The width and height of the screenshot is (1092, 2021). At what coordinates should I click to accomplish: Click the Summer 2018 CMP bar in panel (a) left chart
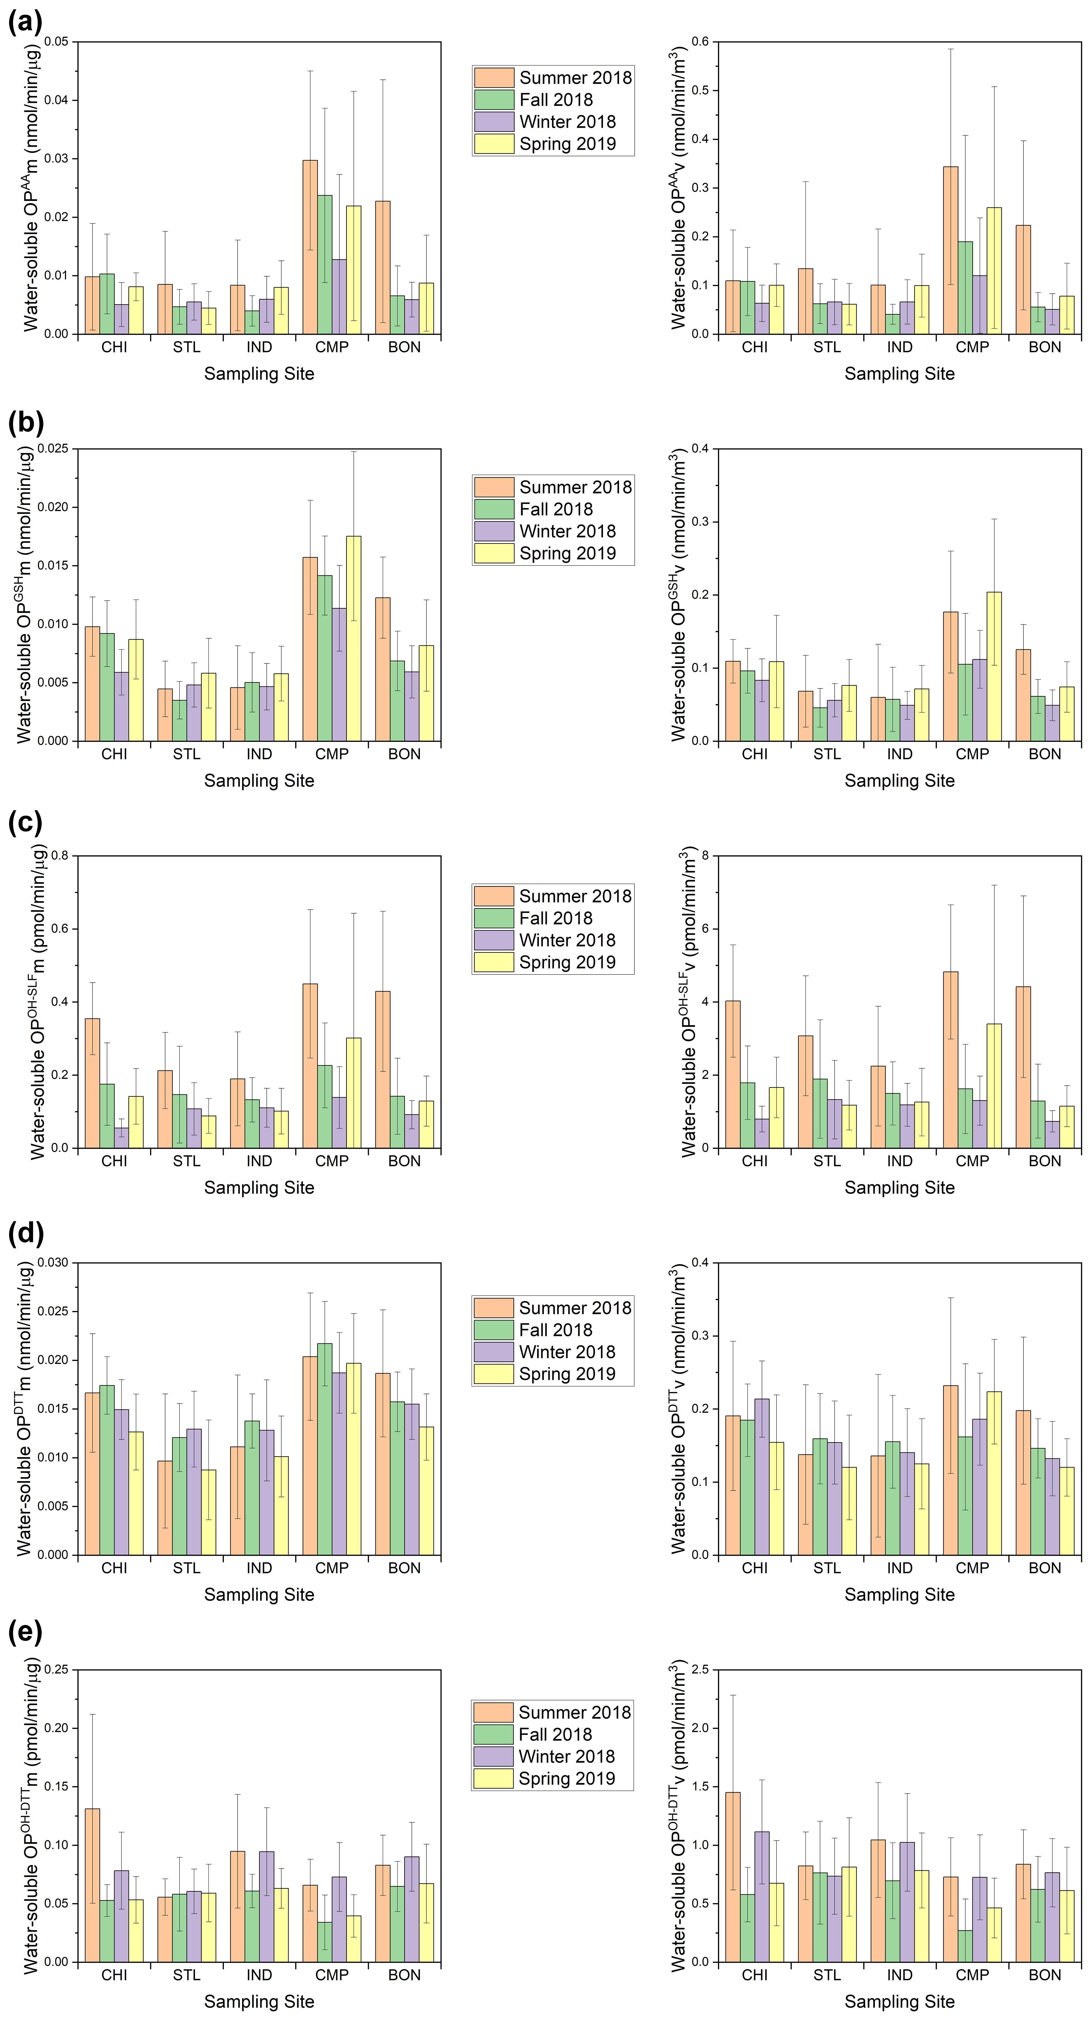pos(310,247)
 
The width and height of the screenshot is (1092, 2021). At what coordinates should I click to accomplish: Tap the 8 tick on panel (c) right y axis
pos(705,856)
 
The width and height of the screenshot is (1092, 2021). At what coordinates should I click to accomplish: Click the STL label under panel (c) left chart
pos(187,1161)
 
